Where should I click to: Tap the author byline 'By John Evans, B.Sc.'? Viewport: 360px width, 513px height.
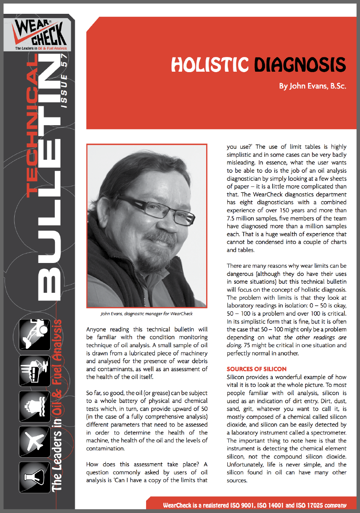pos(312,86)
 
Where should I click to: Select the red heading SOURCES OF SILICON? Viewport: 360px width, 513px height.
pos(256,369)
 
